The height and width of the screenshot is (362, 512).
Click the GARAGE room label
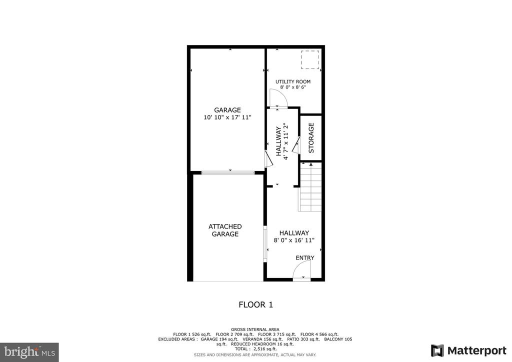point(227,110)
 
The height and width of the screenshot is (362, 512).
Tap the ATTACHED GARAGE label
point(225,230)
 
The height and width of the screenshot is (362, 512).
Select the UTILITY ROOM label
point(293,81)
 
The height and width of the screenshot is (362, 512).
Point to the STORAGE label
point(311,137)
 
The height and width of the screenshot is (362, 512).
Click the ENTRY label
point(305,258)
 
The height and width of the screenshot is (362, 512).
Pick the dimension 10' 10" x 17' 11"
point(227,117)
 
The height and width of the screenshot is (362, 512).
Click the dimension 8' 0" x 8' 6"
point(293,87)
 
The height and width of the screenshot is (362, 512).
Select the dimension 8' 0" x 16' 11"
point(294,240)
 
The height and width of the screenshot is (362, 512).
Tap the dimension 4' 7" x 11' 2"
point(286,141)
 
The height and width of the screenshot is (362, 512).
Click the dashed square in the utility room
point(310,59)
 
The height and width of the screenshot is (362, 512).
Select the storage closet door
point(296,145)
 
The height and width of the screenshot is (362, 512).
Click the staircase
point(310,186)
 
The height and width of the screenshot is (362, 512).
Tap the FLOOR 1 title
point(255,305)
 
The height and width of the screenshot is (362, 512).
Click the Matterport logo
point(468,350)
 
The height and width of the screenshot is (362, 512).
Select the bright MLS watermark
point(29,352)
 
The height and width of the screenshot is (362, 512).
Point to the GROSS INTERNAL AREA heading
point(255,329)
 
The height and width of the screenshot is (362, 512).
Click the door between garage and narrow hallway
point(268,158)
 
